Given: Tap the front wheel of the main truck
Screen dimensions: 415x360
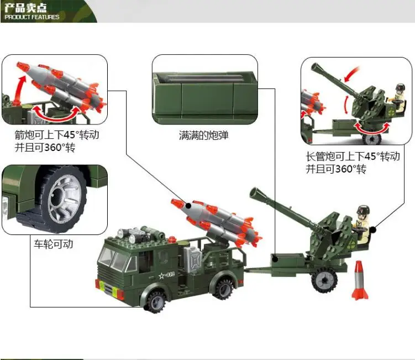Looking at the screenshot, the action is [155, 301].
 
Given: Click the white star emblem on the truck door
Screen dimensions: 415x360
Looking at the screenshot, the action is [161, 276].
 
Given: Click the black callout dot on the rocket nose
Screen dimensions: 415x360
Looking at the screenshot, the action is [188, 205].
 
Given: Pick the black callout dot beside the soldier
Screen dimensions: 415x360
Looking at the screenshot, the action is [372, 229].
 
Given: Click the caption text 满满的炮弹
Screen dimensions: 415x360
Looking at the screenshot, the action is [203, 135].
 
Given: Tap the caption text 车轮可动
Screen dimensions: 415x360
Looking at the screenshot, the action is [53, 244].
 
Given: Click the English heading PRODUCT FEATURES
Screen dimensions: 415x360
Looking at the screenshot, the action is [31, 17].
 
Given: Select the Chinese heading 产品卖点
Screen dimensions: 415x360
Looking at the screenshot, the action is [25, 8].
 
